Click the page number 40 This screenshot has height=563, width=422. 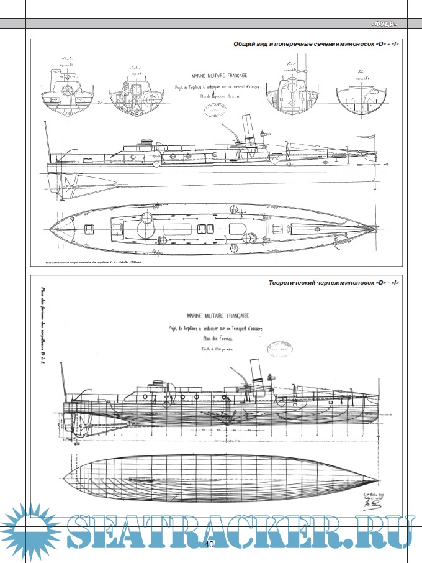(x=209, y=545)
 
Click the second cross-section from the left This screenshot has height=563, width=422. (x=134, y=93)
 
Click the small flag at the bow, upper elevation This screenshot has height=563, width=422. (x=266, y=132)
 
